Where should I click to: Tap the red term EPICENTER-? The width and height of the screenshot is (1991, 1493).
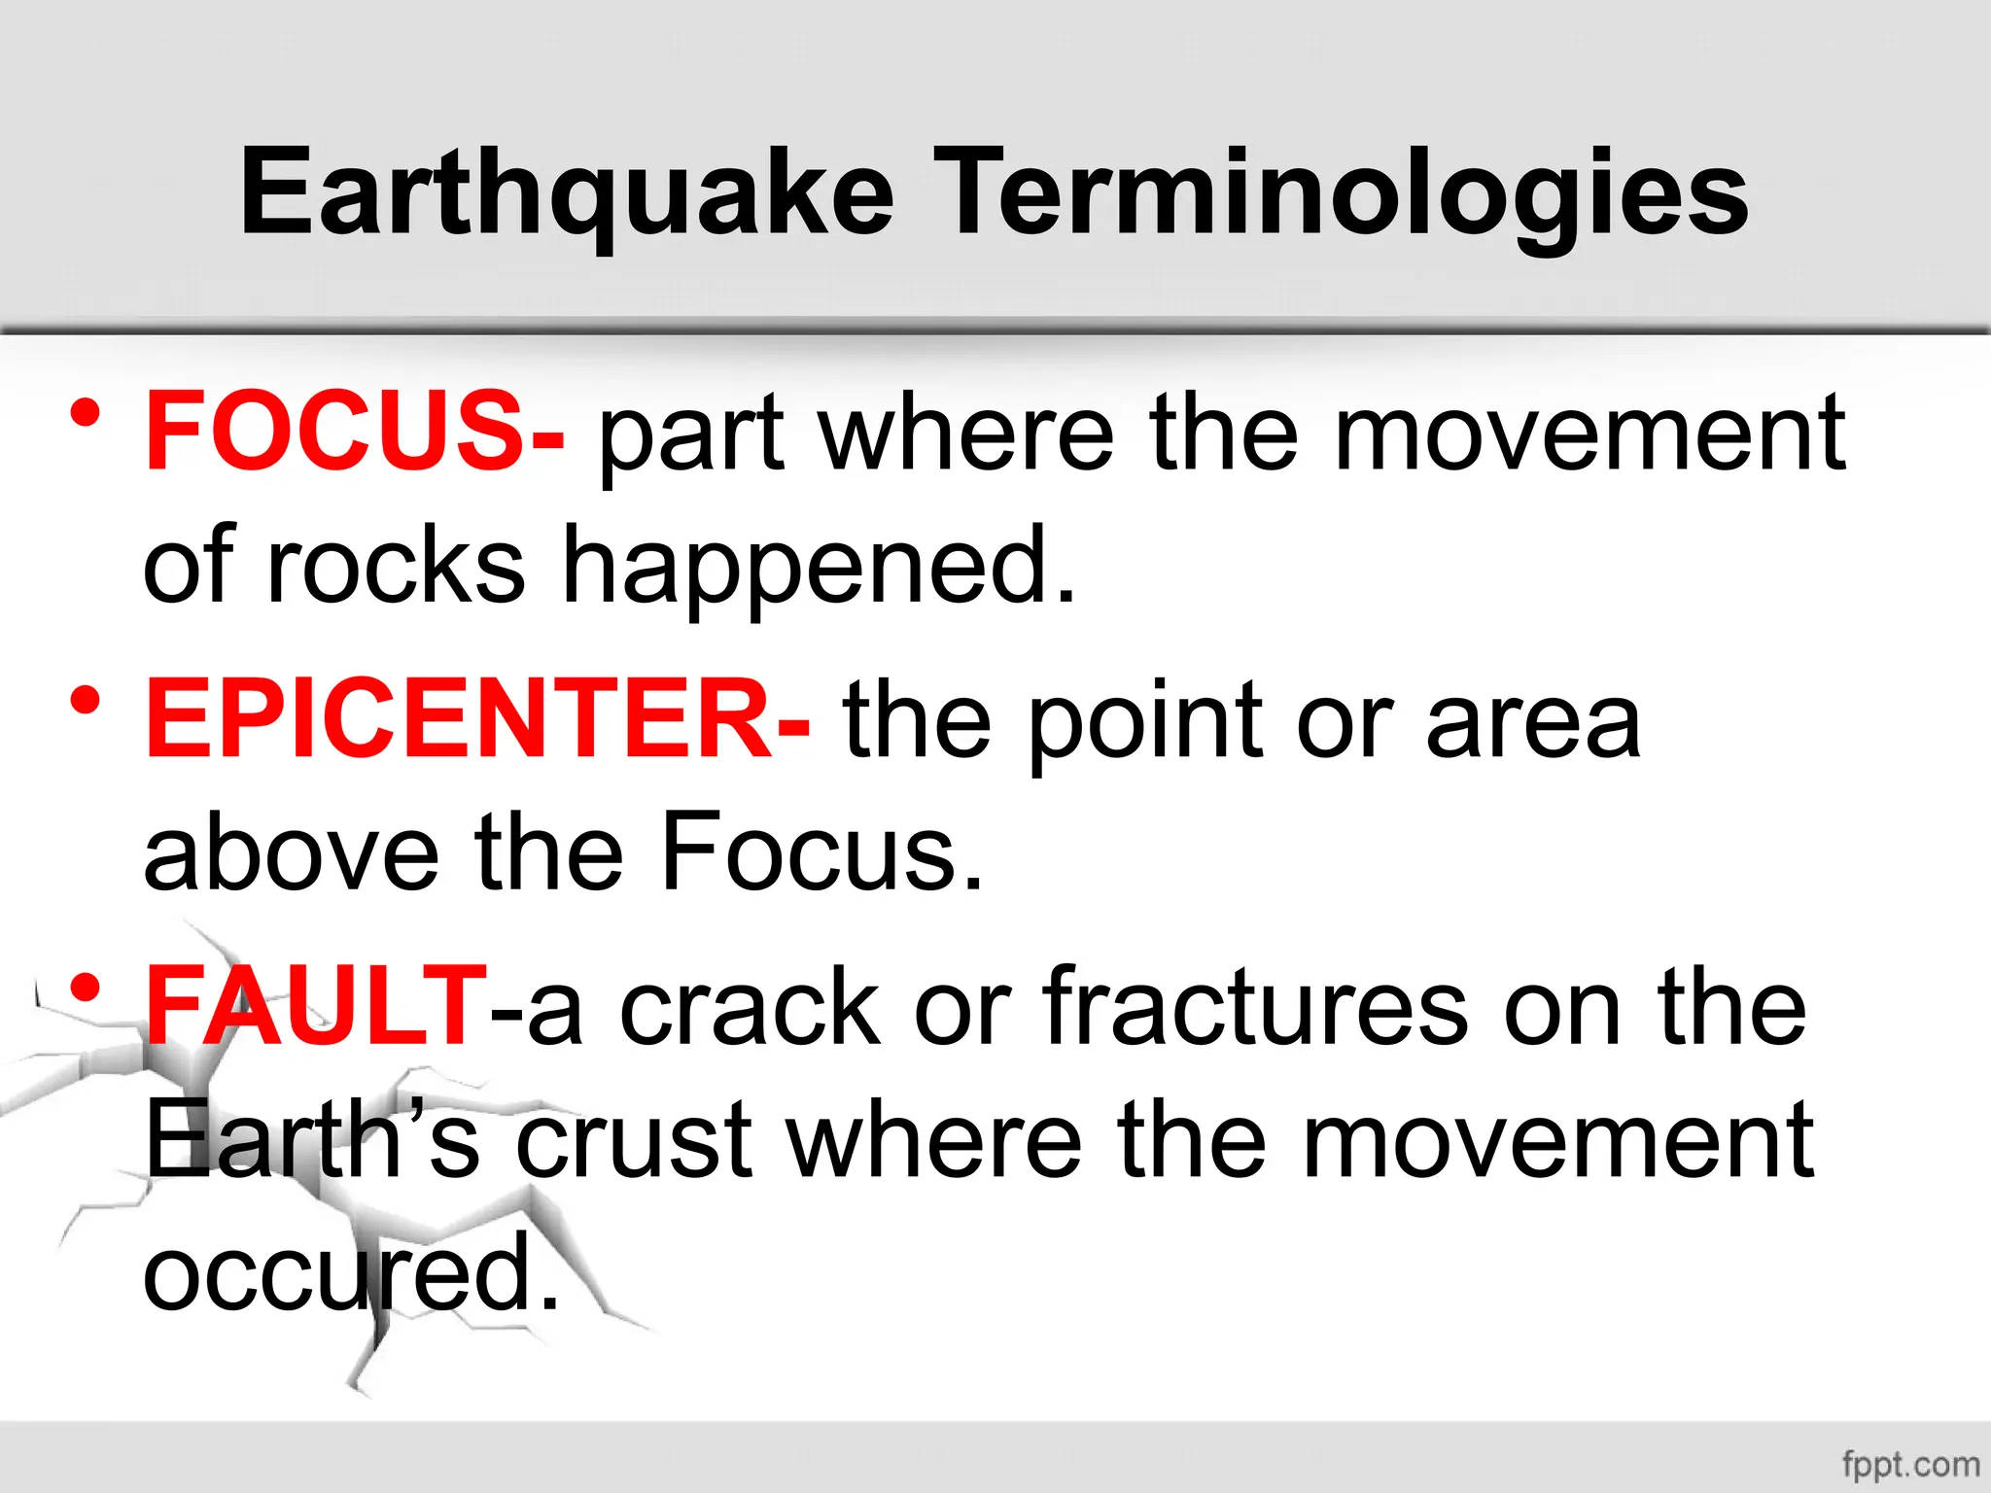click(476, 719)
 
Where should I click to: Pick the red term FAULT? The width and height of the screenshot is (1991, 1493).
click(316, 1006)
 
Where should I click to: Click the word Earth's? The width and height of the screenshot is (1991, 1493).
click(312, 1138)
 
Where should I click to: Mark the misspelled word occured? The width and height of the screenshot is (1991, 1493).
click(350, 1272)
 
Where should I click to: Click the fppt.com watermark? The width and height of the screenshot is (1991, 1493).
click(1910, 1464)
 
